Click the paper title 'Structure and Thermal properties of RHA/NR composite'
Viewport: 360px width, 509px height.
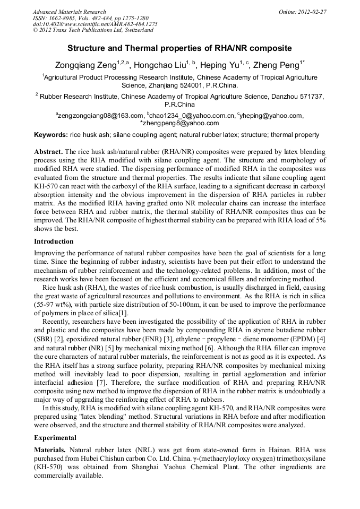click(x=179, y=48)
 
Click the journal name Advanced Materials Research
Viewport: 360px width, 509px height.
click(x=69, y=12)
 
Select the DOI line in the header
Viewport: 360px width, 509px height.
click(x=95, y=24)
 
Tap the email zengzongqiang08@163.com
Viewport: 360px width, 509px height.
click(x=100, y=115)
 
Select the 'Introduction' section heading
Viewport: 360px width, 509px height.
click(x=54, y=241)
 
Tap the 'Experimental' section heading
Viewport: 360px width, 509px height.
click(x=55, y=438)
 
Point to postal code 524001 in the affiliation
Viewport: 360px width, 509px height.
click(x=199, y=85)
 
